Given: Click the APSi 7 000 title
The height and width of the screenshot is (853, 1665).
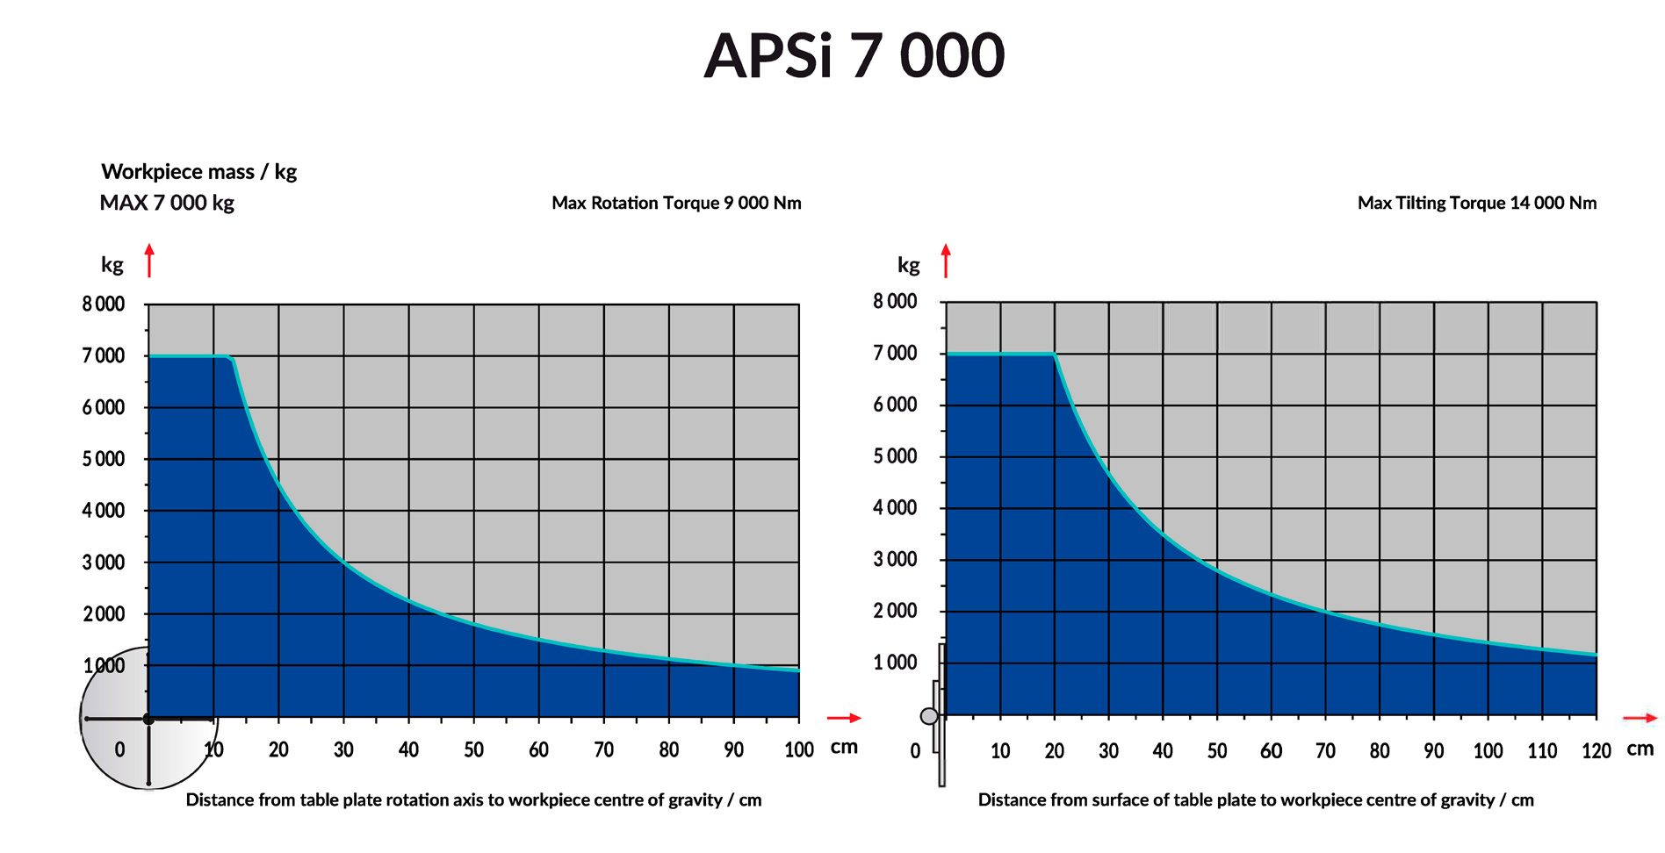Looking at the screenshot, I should [854, 55].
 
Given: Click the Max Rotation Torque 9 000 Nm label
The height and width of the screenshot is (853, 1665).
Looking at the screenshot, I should [676, 203].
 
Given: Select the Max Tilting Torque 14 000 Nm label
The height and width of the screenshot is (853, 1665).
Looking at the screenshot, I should [1476, 203].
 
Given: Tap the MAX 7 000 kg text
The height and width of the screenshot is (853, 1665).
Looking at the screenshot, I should [167, 203].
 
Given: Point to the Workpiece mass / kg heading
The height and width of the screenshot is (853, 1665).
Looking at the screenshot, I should [198, 171].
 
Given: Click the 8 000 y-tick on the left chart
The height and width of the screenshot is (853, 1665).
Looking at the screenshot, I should [104, 305].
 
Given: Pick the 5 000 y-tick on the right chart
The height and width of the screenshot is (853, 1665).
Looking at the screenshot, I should [895, 456].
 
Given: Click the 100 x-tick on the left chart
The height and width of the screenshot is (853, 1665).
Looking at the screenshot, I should [798, 749].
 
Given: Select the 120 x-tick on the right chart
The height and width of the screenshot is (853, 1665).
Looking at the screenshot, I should [1596, 751].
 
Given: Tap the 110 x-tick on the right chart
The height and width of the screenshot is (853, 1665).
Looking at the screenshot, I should [1542, 751].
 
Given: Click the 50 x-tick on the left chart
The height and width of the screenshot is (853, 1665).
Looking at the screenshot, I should [473, 749].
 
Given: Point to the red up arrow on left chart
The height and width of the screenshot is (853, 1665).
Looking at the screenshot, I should [149, 261].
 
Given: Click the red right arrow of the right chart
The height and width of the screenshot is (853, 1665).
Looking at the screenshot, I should [1640, 718].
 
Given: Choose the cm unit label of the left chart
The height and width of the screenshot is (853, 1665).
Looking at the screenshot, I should [844, 747].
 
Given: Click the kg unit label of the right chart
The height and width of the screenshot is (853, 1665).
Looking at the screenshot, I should [908, 264].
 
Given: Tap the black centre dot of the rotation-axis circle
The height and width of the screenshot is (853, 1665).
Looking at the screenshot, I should [148, 720].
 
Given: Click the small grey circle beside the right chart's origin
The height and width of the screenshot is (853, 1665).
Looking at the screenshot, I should [928, 716].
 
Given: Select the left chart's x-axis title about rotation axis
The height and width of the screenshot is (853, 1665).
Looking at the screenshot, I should [473, 799].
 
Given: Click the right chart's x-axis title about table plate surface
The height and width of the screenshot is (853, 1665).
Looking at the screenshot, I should [1256, 799].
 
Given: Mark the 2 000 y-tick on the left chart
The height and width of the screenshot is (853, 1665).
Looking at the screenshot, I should [104, 614].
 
